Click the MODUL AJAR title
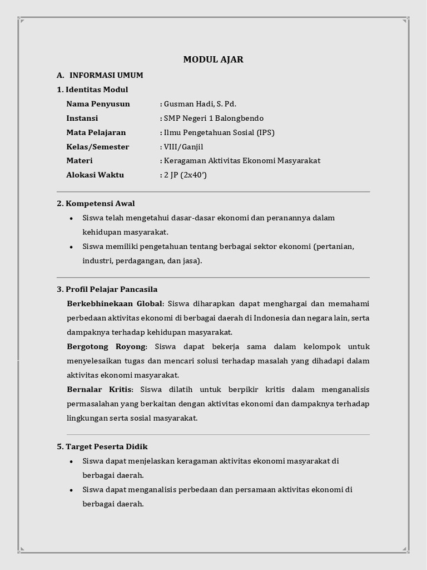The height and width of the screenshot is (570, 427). coord(213,60)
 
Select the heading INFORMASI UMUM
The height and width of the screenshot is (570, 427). coord(106,75)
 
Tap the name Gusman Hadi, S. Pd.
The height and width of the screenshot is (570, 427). coord(195,104)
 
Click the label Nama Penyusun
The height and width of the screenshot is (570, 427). coord(98,104)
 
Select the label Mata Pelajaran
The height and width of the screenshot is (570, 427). coord(96,132)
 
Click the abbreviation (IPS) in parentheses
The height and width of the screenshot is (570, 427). coord(265,132)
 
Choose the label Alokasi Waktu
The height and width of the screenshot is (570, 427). coord(95,175)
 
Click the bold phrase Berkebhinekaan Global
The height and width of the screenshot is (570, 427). coord(115,303)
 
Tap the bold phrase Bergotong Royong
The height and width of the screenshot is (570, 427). coord(107,347)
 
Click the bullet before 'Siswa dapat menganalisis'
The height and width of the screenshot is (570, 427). coord(71,490)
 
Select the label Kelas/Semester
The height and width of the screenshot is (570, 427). coord(98,147)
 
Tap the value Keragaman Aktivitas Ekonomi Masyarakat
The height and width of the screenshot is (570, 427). coord(242,161)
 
